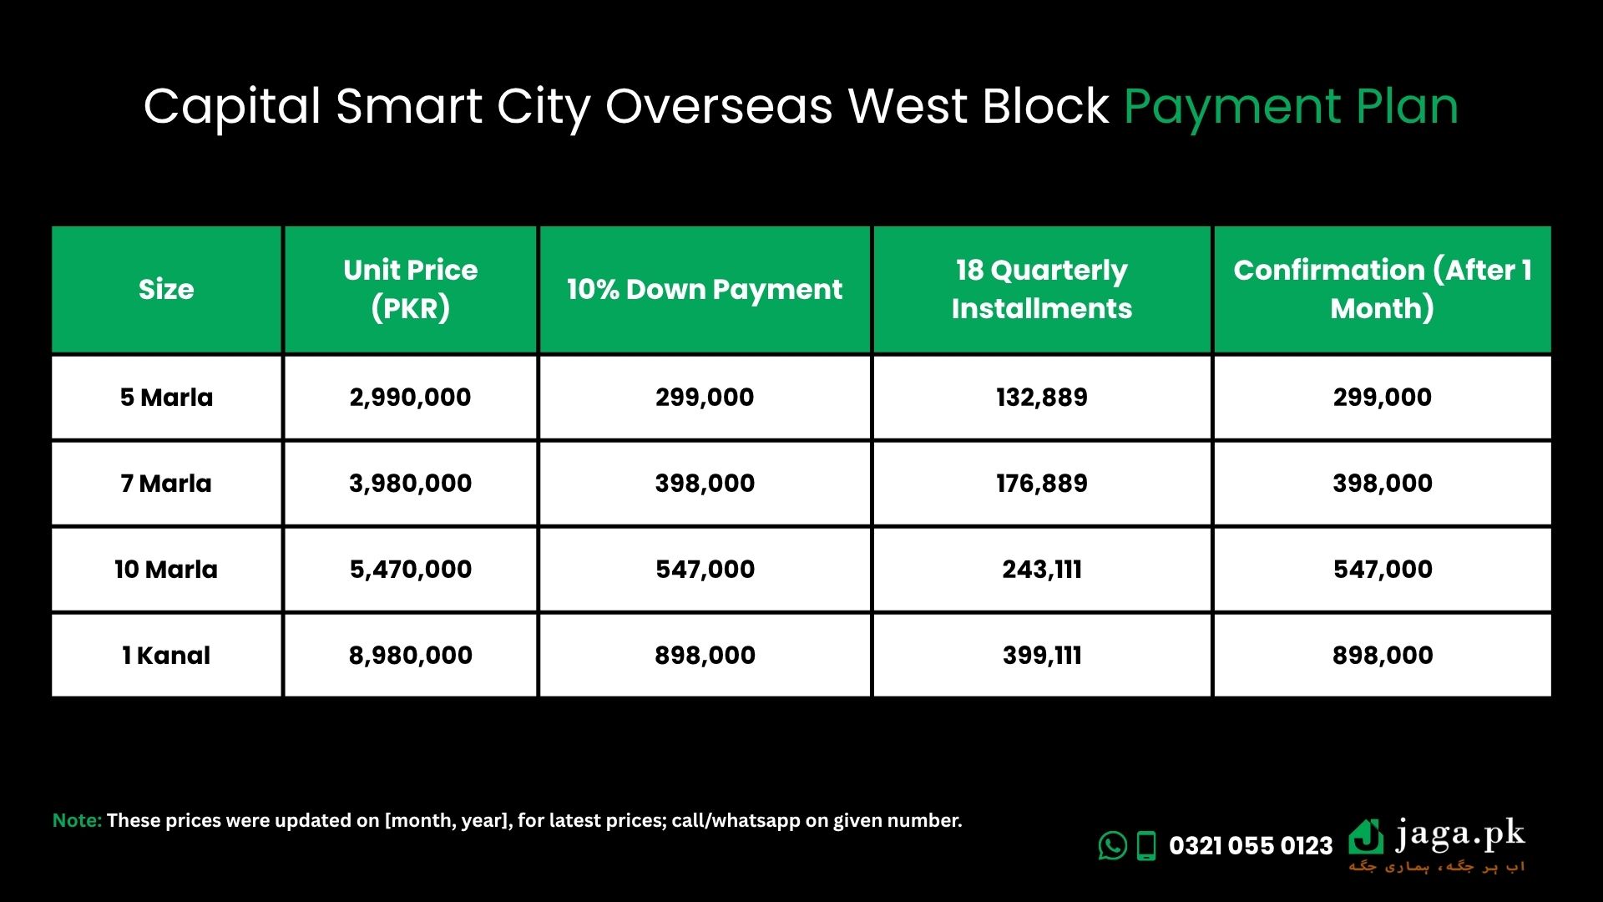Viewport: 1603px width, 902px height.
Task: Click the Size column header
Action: tap(166, 289)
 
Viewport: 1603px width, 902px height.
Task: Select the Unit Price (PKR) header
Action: tap(411, 289)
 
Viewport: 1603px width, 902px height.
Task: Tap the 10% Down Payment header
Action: tap(705, 289)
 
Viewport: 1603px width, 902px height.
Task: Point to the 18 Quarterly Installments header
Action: tap(1042, 289)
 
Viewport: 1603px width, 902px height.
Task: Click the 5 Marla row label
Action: tap(166, 398)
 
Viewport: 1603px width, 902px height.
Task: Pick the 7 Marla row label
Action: tap(166, 484)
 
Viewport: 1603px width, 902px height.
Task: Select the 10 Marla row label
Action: tap(166, 570)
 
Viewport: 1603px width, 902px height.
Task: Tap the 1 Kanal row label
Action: tap(166, 656)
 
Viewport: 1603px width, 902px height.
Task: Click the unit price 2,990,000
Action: tap(411, 398)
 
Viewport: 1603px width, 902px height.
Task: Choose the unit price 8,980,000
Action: tap(411, 656)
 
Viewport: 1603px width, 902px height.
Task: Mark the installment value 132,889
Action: tap(1042, 398)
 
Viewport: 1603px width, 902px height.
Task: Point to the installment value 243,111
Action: tap(1042, 570)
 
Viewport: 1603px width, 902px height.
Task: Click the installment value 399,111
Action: tap(1042, 656)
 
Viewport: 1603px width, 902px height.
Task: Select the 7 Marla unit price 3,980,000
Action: tap(411, 484)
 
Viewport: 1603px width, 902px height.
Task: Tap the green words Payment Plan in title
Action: tap(1291, 109)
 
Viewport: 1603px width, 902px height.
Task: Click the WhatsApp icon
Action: tap(1113, 845)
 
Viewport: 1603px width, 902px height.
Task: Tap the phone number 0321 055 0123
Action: tap(1251, 846)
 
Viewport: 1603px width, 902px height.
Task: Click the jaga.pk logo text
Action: tap(1460, 835)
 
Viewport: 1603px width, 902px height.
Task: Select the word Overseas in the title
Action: tap(719, 107)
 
